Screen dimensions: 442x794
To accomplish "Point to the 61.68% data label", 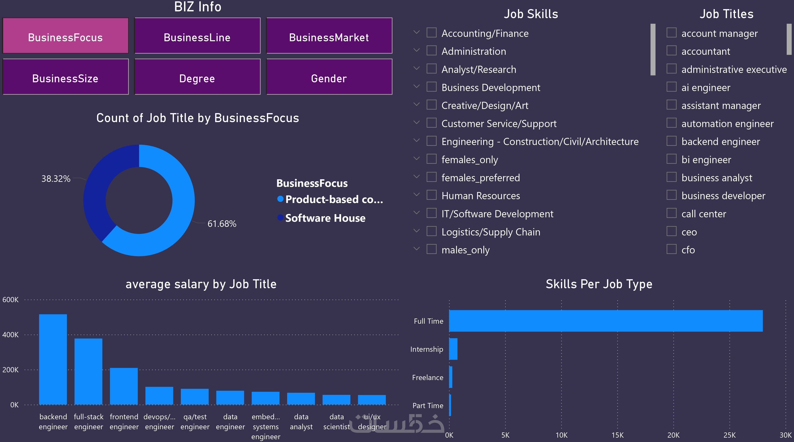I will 222,224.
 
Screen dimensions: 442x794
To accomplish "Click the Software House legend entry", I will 325,218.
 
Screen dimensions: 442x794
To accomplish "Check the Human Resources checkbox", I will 431,195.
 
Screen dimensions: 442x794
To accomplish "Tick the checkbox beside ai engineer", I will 671,87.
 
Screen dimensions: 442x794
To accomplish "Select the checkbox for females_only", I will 431,159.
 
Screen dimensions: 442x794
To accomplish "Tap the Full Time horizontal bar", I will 606,321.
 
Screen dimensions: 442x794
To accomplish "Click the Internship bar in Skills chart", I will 453,349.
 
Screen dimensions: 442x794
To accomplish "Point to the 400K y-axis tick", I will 11,335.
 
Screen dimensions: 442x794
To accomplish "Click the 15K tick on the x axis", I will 617,435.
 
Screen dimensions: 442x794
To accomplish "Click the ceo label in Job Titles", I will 689,232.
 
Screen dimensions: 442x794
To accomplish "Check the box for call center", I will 671,213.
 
